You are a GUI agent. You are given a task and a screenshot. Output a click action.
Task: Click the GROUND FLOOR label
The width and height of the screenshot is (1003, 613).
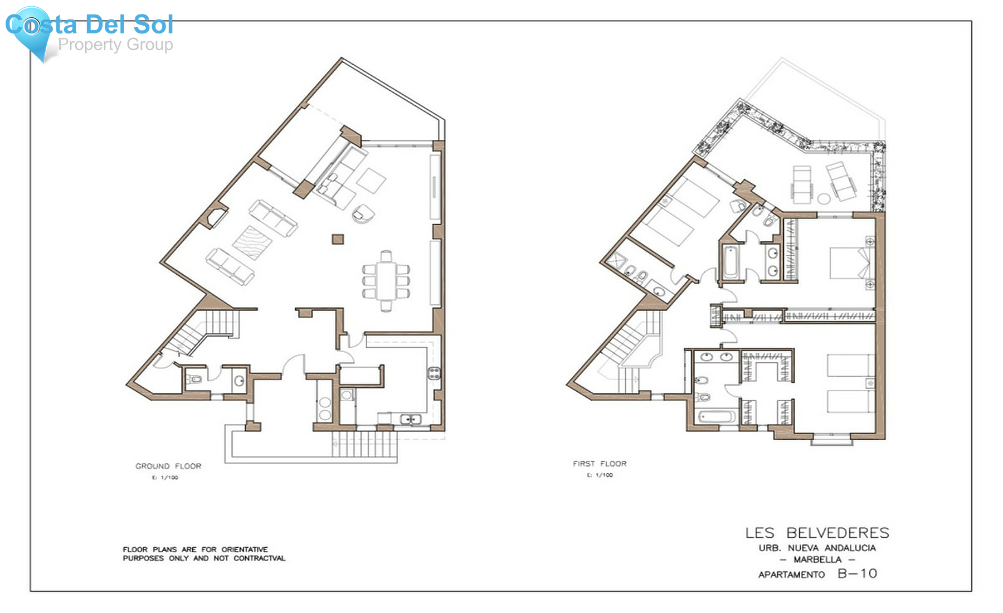click(168, 466)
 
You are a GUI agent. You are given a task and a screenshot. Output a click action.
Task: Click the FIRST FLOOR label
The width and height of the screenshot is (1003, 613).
click(600, 464)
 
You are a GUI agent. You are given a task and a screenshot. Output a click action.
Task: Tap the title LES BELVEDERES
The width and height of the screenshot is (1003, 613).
click(817, 533)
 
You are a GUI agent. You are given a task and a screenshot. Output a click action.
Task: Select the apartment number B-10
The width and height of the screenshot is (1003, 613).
click(858, 573)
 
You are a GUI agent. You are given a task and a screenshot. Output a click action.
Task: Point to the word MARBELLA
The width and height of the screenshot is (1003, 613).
click(817, 560)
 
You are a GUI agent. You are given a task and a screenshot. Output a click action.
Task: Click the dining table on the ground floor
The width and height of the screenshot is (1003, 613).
click(386, 281)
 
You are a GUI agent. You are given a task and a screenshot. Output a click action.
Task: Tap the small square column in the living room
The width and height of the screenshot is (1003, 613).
click(338, 239)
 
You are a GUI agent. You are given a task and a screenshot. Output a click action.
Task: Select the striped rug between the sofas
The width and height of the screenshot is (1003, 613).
click(252, 243)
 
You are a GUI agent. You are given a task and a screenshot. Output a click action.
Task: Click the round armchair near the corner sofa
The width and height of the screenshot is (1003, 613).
click(363, 213)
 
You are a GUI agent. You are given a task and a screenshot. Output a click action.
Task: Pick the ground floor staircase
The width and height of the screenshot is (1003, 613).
click(203, 330)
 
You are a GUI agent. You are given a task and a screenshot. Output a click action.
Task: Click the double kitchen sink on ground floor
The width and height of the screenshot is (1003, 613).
click(411, 419)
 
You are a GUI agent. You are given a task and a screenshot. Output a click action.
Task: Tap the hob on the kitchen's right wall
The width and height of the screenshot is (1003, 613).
click(434, 373)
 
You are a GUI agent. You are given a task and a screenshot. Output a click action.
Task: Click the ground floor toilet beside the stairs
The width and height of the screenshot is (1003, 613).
click(194, 380)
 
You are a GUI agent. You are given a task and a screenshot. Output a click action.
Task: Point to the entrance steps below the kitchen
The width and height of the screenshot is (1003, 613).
click(365, 444)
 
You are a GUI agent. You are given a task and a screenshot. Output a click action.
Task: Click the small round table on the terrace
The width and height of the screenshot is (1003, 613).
click(824, 198)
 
